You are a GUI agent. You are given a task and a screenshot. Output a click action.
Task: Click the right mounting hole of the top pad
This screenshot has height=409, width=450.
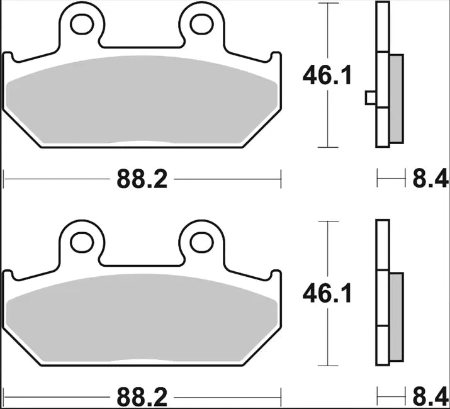201,24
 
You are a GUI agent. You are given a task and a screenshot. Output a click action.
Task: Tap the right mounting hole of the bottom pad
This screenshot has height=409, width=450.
201,242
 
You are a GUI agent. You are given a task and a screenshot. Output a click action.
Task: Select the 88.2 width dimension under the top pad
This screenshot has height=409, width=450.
142,180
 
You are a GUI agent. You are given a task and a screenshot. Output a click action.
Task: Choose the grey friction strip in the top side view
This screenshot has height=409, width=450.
397,98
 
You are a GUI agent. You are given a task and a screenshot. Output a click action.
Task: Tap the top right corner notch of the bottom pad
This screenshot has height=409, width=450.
276,275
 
